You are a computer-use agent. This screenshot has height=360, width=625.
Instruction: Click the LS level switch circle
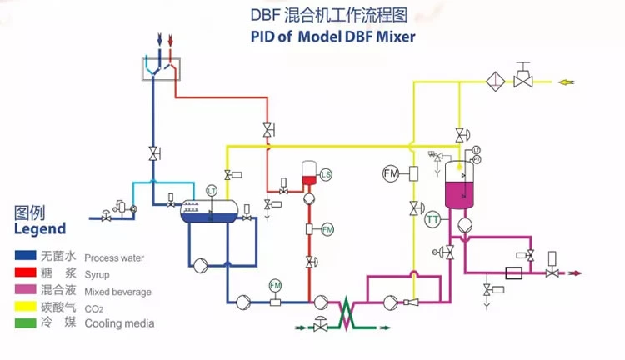click(326, 174)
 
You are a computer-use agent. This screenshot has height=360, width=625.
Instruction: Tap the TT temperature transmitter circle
click(432, 220)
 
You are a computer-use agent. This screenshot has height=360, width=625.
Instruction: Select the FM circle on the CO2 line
click(391, 173)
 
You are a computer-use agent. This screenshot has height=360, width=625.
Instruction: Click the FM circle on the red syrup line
click(327, 228)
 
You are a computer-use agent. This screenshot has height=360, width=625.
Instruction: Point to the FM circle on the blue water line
click(276, 286)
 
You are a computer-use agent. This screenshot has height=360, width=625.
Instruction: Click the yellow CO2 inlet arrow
click(566, 82)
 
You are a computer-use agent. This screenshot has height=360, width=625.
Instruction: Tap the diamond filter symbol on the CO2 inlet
click(495, 82)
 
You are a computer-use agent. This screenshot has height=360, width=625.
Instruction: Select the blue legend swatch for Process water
click(25, 257)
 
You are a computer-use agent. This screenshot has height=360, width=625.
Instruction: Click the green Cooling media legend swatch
click(25, 323)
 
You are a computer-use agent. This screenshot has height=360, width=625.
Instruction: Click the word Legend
click(39, 228)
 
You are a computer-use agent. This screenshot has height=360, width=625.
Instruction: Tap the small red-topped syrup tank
click(307, 174)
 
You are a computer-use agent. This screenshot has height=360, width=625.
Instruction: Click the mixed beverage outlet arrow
click(574, 272)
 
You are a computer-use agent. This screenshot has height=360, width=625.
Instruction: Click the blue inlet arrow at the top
click(158, 38)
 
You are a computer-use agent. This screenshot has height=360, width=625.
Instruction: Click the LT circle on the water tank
click(212, 192)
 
